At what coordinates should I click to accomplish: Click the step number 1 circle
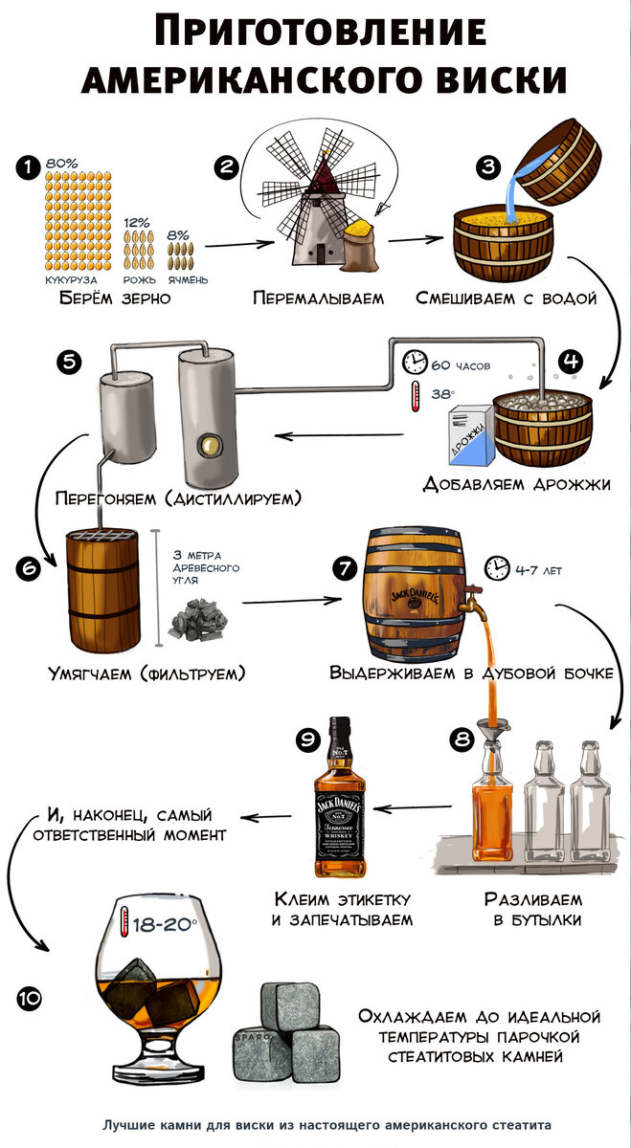[29, 166]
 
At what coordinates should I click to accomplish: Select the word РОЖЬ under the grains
[138, 279]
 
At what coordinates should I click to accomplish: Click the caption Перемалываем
[318, 298]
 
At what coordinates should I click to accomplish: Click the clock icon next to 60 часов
[414, 363]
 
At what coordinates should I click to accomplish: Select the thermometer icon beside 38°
[415, 396]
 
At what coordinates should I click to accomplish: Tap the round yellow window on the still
[205, 443]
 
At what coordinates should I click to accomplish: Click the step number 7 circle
[345, 567]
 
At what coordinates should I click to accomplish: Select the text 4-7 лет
[538, 571]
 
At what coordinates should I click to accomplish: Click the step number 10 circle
[29, 999]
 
